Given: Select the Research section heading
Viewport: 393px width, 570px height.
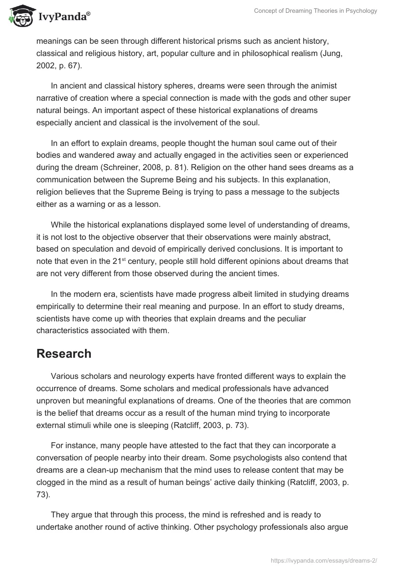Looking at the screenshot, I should [64, 354].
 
